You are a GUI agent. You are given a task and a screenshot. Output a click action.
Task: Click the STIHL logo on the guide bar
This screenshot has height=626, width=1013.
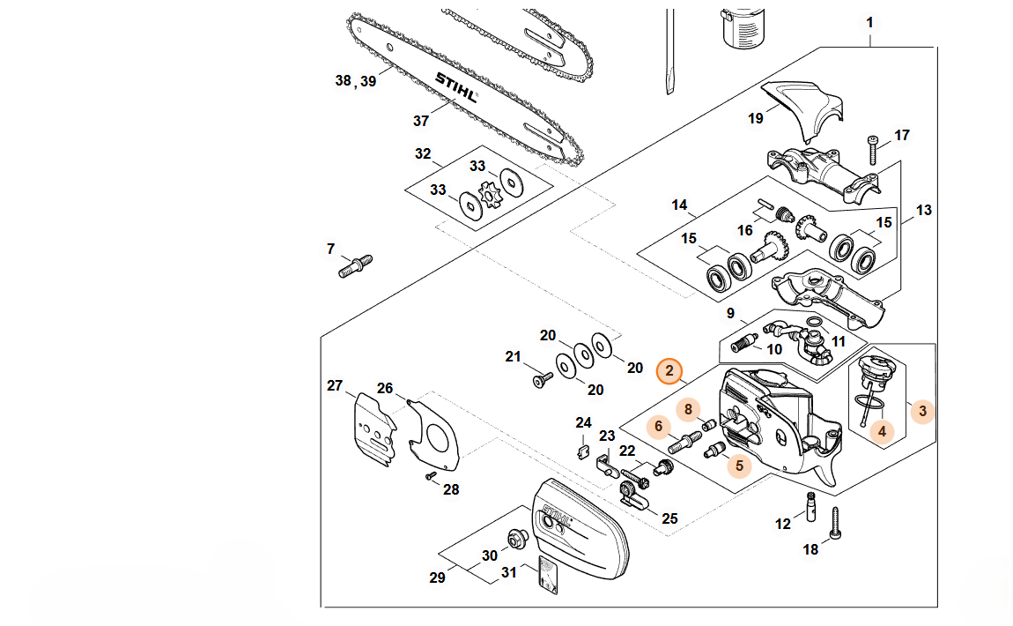click(455, 86)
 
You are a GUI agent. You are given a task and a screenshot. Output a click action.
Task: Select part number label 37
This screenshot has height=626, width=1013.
click(420, 121)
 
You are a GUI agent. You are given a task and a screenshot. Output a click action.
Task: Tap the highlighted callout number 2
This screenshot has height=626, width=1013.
click(670, 371)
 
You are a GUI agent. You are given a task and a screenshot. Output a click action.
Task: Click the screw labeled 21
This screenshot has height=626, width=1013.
click(542, 380)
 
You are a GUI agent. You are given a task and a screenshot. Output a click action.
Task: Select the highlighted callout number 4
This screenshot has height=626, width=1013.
click(881, 432)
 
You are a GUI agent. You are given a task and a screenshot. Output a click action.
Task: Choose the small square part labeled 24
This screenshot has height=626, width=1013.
click(582, 452)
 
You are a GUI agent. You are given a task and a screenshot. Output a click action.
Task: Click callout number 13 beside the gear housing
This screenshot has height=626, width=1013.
click(923, 210)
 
